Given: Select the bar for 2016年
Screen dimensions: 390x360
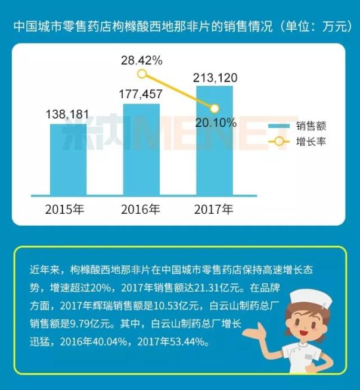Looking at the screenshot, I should (141, 148).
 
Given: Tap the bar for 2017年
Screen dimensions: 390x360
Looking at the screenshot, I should (215, 139).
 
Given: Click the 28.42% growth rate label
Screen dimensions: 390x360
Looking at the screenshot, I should (142, 60).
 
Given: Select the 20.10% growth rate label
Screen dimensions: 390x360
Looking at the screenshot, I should (215, 123).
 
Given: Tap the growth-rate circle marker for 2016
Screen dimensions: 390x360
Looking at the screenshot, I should (142, 74).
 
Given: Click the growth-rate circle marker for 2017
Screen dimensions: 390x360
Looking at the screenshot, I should (215, 108).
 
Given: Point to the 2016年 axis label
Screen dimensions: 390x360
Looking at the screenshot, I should (141, 210).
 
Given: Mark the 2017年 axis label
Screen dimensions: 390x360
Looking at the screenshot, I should (214, 210).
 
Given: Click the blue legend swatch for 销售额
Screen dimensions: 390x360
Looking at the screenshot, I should (278, 126).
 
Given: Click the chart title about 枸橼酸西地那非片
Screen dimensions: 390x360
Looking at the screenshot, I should (179, 27).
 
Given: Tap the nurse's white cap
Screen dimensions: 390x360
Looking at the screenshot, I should (310, 297).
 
